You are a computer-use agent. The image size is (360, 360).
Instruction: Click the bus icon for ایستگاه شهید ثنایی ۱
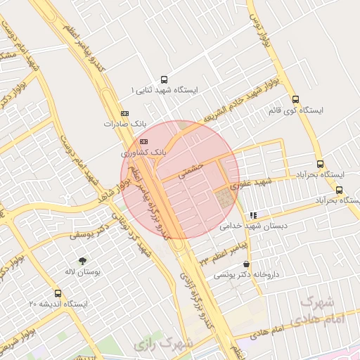(164, 80)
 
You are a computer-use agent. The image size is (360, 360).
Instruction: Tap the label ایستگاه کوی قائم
(295, 111)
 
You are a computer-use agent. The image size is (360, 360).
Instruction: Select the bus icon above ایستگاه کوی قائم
(295, 100)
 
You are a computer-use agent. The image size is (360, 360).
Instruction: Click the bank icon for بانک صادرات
(125, 113)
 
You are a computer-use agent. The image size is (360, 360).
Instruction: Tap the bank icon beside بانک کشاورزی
(144, 141)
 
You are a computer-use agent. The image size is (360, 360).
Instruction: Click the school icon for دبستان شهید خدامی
(252, 215)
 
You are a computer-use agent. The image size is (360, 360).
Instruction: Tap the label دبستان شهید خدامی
(245, 226)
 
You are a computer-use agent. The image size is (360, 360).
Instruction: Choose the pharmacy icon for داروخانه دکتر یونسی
(245, 264)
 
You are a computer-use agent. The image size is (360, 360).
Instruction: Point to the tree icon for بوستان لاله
(84, 261)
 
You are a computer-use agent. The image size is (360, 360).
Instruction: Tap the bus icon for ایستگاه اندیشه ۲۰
(58, 294)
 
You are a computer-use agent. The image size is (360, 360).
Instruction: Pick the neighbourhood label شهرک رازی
(162, 345)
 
